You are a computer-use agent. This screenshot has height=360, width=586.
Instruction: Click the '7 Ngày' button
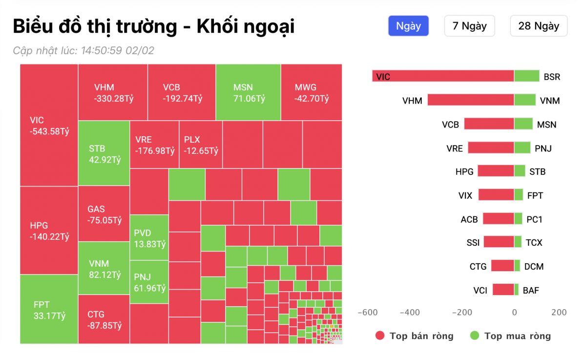click(x=469, y=26)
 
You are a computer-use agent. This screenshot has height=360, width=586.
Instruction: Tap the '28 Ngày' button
click(x=539, y=26)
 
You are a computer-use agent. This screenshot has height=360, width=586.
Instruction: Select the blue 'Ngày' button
click(x=408, y=26)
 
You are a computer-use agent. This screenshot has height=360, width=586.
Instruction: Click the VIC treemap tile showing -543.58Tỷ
click(x=49, y=125)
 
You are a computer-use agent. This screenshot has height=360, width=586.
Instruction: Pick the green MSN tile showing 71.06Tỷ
click(x=248, y=92)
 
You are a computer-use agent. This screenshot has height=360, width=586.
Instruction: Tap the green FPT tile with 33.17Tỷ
click(x=49, y=309)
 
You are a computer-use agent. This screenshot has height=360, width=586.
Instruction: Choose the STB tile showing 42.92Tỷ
click(x=104, y=153)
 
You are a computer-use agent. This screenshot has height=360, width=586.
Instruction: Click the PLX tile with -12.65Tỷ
click(x=201, y=145)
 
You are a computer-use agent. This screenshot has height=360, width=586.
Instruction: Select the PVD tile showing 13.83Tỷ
click(x=149, y=238)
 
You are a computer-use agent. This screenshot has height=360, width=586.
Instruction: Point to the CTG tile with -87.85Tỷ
click(x=104, y=319)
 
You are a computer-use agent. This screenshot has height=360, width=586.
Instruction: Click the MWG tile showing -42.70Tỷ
click(x=312, y=92)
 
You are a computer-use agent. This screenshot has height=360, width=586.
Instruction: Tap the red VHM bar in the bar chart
click(x=471, y=100)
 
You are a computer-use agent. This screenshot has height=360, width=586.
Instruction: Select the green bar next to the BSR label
click(x=526, y=76)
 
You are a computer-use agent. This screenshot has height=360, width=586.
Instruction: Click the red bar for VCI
click(x=503, y=290)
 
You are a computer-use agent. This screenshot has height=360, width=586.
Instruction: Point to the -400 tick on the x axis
click(x=410, y=313)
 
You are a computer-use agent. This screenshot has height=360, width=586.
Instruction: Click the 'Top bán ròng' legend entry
click(x=414, y=336)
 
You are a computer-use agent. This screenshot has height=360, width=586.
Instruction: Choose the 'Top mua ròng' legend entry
click(x=510, y=336)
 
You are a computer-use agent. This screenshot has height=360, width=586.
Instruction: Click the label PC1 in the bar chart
click(x=534, y=219)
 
